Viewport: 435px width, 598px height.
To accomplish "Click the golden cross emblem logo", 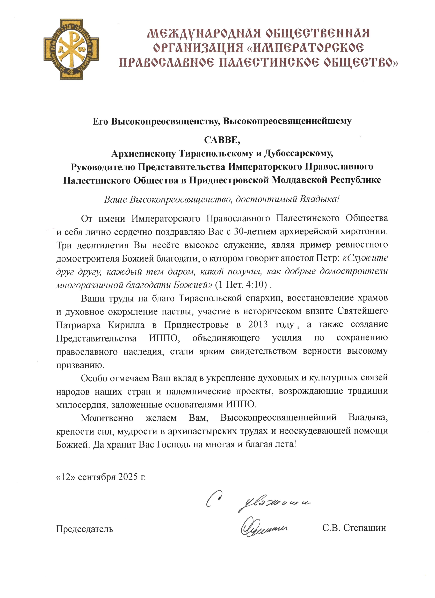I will [71, 49].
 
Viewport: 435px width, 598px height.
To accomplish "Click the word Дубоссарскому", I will [298, 154].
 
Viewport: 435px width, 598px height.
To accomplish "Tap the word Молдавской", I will [300, 180].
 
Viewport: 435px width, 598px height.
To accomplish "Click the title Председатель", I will [84, 529].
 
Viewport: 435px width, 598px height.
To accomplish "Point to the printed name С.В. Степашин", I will [354, 528].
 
